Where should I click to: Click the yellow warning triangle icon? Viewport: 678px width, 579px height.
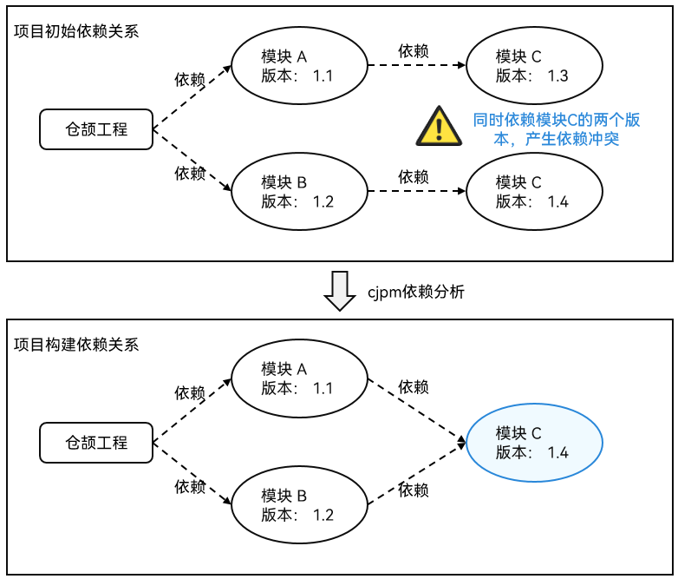439,126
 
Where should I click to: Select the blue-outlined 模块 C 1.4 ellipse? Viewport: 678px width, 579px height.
534,442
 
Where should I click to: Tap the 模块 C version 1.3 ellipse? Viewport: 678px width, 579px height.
534,66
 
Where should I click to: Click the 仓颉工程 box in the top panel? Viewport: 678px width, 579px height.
96,129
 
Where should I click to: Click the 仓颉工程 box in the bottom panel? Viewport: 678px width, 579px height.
96,442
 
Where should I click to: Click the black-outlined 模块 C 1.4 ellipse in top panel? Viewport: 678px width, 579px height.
534,191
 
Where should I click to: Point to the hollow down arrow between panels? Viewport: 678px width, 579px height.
339,291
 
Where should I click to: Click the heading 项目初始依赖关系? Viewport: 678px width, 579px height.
76,31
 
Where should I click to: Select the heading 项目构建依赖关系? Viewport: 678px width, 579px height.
76,344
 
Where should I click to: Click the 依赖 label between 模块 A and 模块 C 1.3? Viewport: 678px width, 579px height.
413,51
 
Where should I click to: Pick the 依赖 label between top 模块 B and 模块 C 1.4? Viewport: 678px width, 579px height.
413,176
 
